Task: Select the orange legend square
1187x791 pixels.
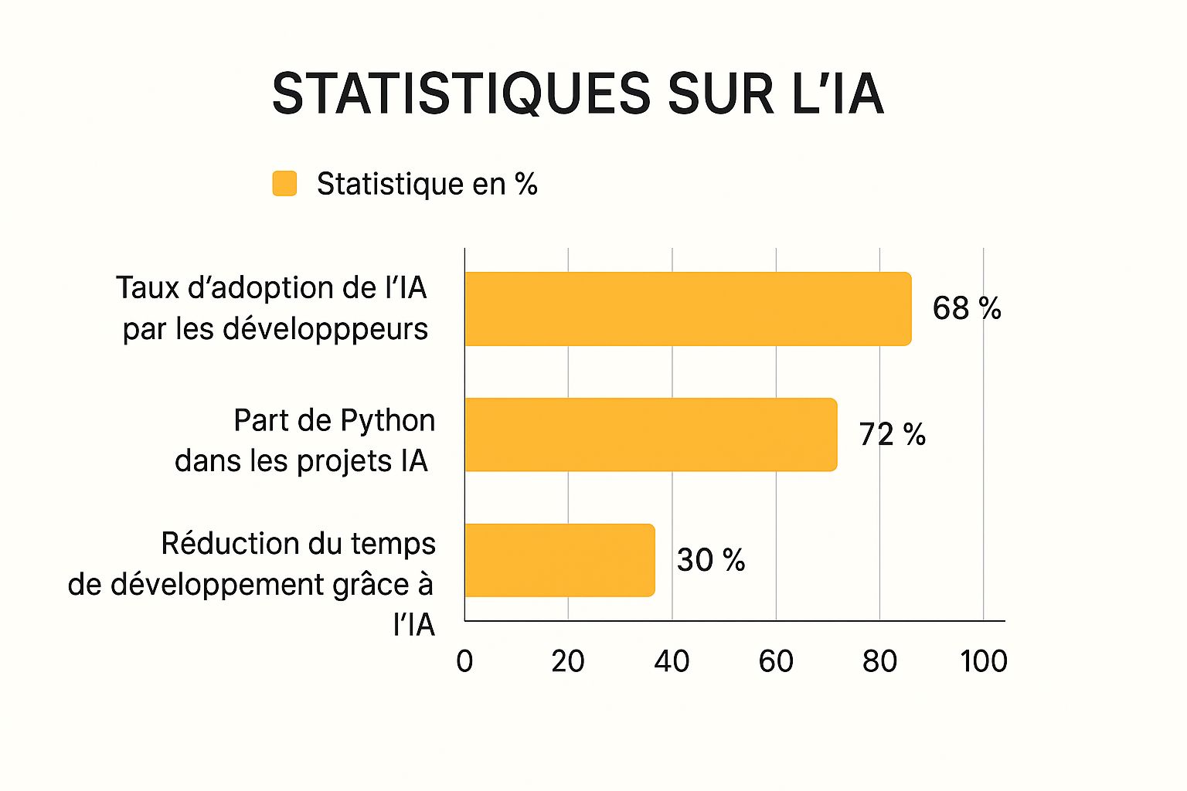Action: pos(284,184)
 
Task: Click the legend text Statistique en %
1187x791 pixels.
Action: pos(427,184)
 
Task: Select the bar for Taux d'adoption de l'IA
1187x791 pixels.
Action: pos(688,308)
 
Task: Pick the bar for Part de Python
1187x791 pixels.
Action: pos(651,434)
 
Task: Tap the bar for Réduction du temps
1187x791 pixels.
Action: pos(559,560)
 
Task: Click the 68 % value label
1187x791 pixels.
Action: pos(966,308)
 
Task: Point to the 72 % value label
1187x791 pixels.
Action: pos(892,434)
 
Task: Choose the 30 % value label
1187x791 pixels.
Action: pos(710,560)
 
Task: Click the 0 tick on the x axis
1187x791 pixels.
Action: pos(464,661)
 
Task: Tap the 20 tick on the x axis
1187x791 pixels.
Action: pos(568,661)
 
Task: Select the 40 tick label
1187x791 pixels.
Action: pos(672,661)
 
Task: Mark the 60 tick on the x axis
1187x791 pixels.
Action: pos(776,661)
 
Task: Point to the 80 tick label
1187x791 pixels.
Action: pos(879,661)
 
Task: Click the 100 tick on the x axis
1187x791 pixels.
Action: pos(983,661)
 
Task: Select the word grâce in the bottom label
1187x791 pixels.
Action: pos(371,586)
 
